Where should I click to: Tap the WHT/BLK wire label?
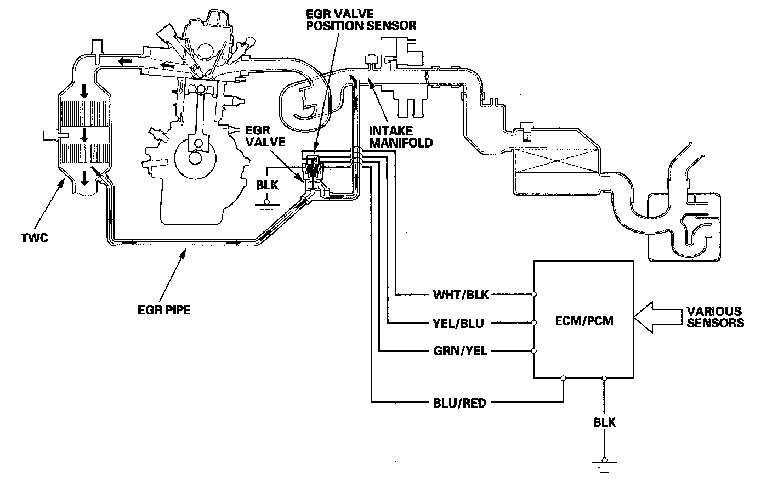tap(461, 295)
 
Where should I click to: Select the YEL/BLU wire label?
tap(458, 324)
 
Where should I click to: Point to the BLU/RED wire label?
tap(459, 404)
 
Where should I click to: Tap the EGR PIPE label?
tap(164, 309)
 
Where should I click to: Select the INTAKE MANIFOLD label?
tap(401, 137)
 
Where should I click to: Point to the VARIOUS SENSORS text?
tap(715, 317)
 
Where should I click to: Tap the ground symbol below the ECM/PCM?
tap(604, 465)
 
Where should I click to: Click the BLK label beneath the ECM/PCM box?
tap(604, 422)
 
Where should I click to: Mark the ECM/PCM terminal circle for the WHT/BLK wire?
tap(534, 295)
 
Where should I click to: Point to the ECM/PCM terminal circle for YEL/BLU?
tap(534, 323)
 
